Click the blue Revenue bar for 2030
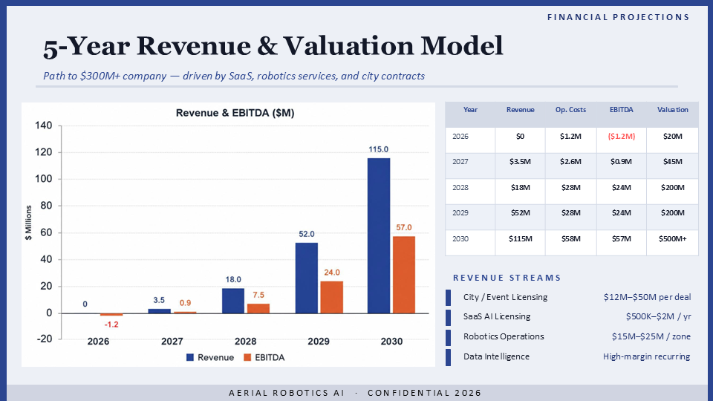378,235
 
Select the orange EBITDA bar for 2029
331,297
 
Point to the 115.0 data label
378,149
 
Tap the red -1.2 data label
111,325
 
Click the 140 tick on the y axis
44,125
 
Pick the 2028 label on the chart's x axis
245,341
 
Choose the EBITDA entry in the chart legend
264,357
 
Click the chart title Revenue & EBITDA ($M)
235,113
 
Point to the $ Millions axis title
29,223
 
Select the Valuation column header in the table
673,110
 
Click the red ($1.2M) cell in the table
621,136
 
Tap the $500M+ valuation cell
673,238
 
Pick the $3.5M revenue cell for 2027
520,161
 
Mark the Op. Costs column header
570,110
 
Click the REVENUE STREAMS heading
507,278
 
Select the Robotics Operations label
504,336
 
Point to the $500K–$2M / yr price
658,316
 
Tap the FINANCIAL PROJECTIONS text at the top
619,17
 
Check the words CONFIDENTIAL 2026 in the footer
424,393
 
